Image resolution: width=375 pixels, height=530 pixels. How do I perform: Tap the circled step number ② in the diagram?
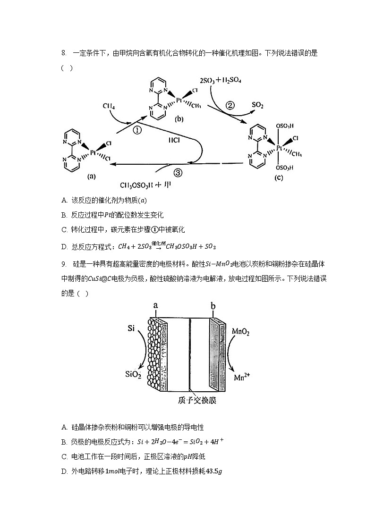coord(230,105)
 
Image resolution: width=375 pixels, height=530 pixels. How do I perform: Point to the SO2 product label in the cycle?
coord(258,105)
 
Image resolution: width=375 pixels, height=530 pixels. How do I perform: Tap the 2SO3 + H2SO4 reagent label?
coord(221,81)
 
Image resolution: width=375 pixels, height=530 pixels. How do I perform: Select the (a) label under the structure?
coord(92,177)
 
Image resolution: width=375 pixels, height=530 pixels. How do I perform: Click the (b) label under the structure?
coord(179,119)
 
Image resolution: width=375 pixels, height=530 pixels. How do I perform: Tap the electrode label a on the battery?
coord(155,306)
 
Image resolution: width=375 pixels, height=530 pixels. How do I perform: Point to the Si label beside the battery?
coord(132,327)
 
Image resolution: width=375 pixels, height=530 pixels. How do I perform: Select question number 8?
coord(63,53)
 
